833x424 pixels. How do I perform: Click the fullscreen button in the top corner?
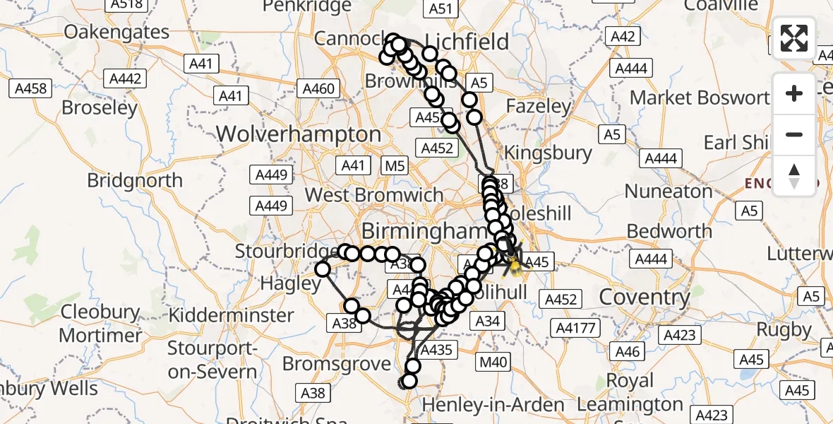pos(794,38)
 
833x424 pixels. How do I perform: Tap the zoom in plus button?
pos(794,93)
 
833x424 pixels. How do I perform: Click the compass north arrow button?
pos(794,175)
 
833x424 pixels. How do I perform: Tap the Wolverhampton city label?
pos(299,134)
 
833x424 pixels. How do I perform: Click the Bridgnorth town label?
pos(135,180)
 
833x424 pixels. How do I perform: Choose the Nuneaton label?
pos(669,192)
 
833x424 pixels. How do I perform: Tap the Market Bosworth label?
pos(699,98)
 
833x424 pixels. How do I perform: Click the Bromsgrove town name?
pos(337,364)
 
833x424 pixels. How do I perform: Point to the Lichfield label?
pos(467,42)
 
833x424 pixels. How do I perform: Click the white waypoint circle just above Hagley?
pos(323,269)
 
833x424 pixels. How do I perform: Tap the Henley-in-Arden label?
pos(493,405)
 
